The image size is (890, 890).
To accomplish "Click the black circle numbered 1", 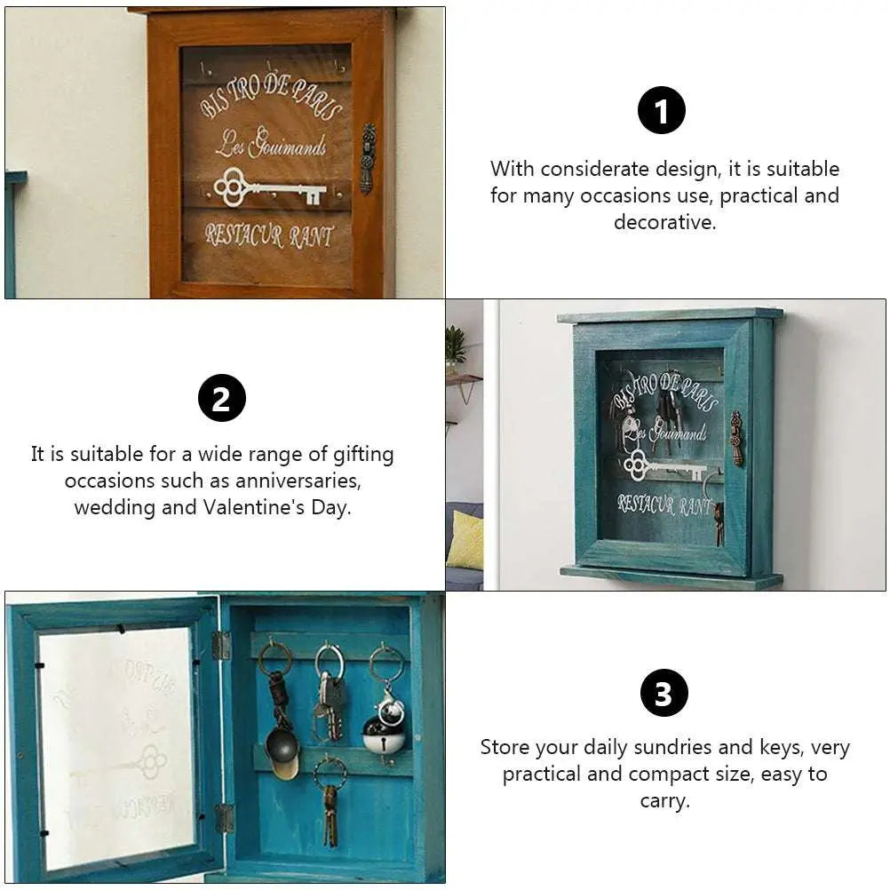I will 662,111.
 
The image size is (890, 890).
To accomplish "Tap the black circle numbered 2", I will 221,398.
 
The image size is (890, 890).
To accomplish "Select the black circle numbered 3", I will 664,693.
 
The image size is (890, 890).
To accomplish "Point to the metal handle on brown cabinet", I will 367,158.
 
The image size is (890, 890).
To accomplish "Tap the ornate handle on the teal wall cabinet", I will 736,438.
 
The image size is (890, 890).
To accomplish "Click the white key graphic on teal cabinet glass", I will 662,465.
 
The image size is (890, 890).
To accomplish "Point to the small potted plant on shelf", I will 456,346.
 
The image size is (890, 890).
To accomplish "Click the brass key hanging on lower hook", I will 330,813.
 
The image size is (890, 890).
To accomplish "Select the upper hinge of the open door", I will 221,646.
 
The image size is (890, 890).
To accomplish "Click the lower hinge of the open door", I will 223,818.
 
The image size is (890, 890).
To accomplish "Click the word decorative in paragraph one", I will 664,222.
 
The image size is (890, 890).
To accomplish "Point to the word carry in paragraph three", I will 664,800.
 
